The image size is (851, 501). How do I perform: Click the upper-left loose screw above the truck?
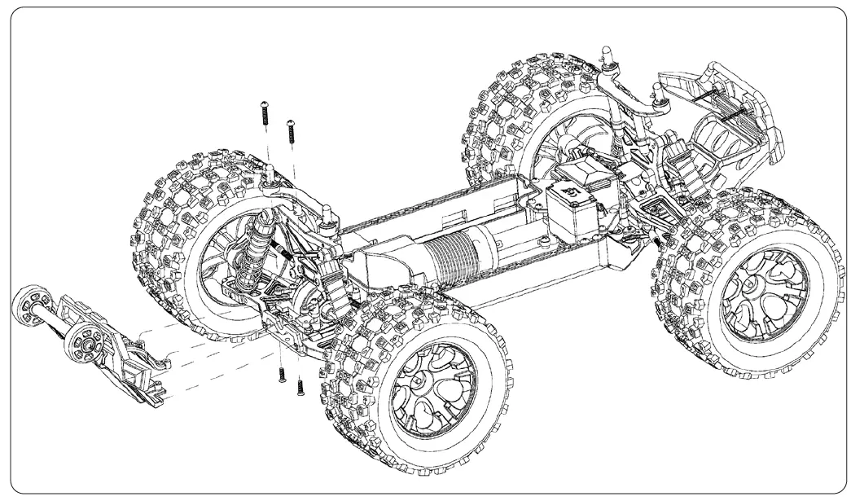(x=266, y=113)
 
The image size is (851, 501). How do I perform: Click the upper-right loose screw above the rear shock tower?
(x=291, y=133)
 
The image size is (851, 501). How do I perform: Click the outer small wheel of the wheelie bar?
(x=31, y=308)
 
